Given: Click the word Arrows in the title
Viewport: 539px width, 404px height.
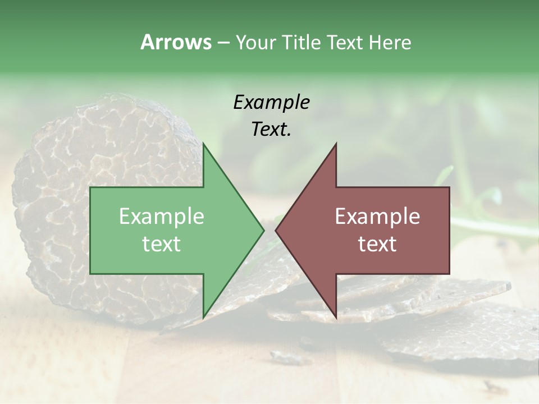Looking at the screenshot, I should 176,42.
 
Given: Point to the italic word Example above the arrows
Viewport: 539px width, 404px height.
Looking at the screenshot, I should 271,102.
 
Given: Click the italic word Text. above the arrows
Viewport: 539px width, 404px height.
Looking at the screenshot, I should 271,129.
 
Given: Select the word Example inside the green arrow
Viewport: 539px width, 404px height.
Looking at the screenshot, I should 162,217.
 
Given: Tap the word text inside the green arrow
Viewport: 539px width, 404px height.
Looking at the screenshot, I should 162,244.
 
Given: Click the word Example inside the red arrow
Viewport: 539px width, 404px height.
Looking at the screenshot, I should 377,217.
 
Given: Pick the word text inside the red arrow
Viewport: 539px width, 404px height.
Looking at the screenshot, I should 377,244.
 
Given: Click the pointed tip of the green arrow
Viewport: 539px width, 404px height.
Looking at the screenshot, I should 263,230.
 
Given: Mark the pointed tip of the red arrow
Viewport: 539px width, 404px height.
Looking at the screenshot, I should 277,230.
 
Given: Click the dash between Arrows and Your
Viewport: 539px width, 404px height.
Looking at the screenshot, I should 223,43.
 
